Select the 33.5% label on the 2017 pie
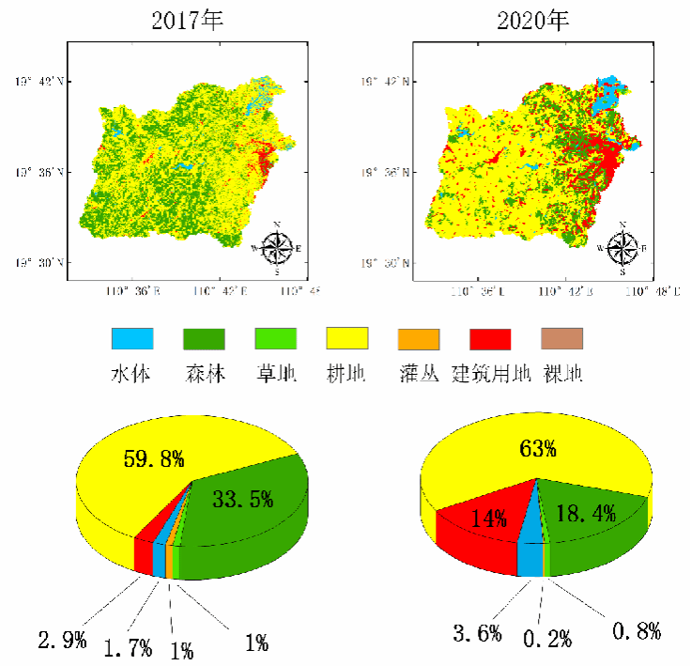[243, 499]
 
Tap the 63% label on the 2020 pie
[538, 448]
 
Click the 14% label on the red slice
[489, 518]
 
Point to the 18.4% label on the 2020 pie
[586, 513]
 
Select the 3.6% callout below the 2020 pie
[478, 633]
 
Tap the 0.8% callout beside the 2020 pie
[637, 630]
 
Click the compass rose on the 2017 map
[278, 248]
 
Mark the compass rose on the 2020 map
[622, 248]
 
